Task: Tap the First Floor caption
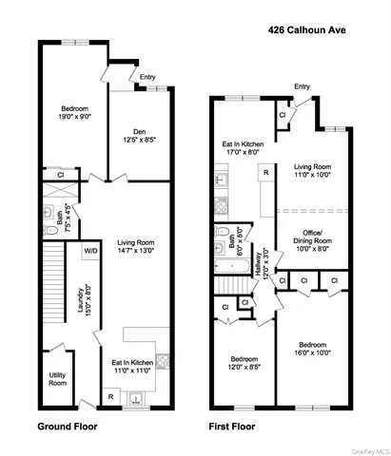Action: [240, 427]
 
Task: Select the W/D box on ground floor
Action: [91, 251]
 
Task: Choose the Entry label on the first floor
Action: [302, 87]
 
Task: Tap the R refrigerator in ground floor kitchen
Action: [112, 396]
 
